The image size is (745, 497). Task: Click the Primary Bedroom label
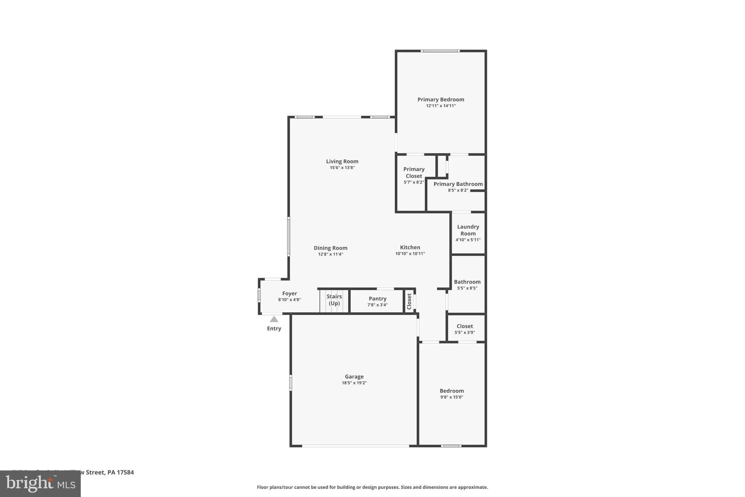pos(441,99)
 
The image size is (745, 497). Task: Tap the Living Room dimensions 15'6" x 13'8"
pos(342,168)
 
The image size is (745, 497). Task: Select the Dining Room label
pos(330,248)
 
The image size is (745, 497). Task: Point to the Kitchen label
pos(410,247)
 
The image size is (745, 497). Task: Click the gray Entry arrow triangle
pos(274,319)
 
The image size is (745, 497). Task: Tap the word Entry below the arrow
pos(274,328)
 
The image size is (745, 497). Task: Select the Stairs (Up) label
pos(334,300)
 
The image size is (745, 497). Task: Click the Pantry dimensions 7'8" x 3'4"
pos(377,305)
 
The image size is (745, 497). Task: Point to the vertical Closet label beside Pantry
pos(409,301)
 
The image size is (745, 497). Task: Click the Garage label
pos(354,376)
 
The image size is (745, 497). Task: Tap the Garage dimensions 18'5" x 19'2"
pos(354,383)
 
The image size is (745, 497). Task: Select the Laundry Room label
pos(468,230)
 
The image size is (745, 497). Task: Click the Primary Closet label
pos(414,173)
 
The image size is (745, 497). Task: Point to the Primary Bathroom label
pos(458,184)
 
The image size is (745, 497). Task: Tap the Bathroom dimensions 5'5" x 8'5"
pos(467,288)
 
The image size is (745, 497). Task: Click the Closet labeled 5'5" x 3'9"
pos(465,326)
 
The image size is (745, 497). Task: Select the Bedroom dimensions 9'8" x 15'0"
pos(451,397)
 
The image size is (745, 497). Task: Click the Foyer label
pos(290,293)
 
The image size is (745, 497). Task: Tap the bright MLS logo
pos(40,484)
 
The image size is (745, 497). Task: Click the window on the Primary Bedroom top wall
pos(440,51)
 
